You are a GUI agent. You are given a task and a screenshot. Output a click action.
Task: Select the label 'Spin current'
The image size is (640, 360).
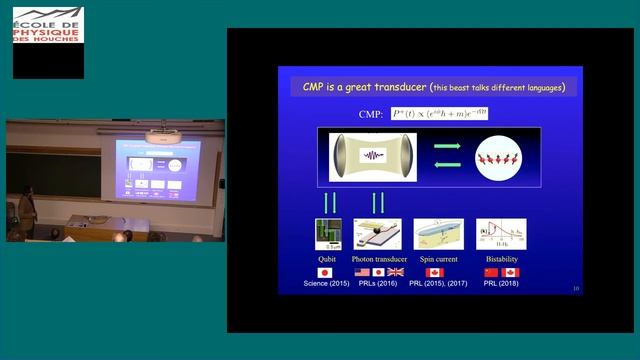(439, 258)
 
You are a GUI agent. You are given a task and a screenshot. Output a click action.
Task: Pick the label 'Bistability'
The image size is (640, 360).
(501, 258)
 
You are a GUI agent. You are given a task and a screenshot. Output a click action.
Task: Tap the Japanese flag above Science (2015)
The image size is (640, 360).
(325, 272)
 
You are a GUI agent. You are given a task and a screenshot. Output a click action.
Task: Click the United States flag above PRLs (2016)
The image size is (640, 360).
(362, 272)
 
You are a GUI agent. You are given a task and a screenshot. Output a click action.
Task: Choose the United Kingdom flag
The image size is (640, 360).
(396, 272)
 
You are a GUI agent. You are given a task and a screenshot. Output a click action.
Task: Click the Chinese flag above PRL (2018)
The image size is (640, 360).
(491, 272)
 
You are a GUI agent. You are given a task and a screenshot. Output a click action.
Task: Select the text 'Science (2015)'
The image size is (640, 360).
(326, 284)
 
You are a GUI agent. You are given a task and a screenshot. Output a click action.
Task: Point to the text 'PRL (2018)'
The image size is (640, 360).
(501, 284)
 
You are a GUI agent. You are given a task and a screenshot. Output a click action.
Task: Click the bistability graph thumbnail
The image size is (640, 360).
(501, 234)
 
